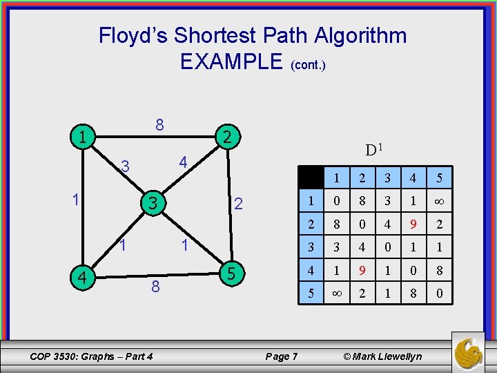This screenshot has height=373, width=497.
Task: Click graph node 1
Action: pyautogui.click(x=82, y=137)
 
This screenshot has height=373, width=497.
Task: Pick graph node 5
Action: pyautogui.click(x=231, y=274)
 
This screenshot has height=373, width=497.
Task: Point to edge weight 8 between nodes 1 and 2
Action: pyautogui.click(x=159, y=125)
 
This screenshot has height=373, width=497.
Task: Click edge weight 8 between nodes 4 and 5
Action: pyautogui.click(x=155, y=286)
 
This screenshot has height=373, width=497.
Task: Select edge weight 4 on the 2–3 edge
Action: pyautogui.click(x=183, y=163)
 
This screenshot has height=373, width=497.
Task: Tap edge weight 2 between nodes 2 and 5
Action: pyautogui.click(x=237, y=204)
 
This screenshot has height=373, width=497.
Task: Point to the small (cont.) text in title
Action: pyautogui.click(x=308, y=65)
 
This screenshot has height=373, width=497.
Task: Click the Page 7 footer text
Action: pyautogui.click(x=281, y=356)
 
